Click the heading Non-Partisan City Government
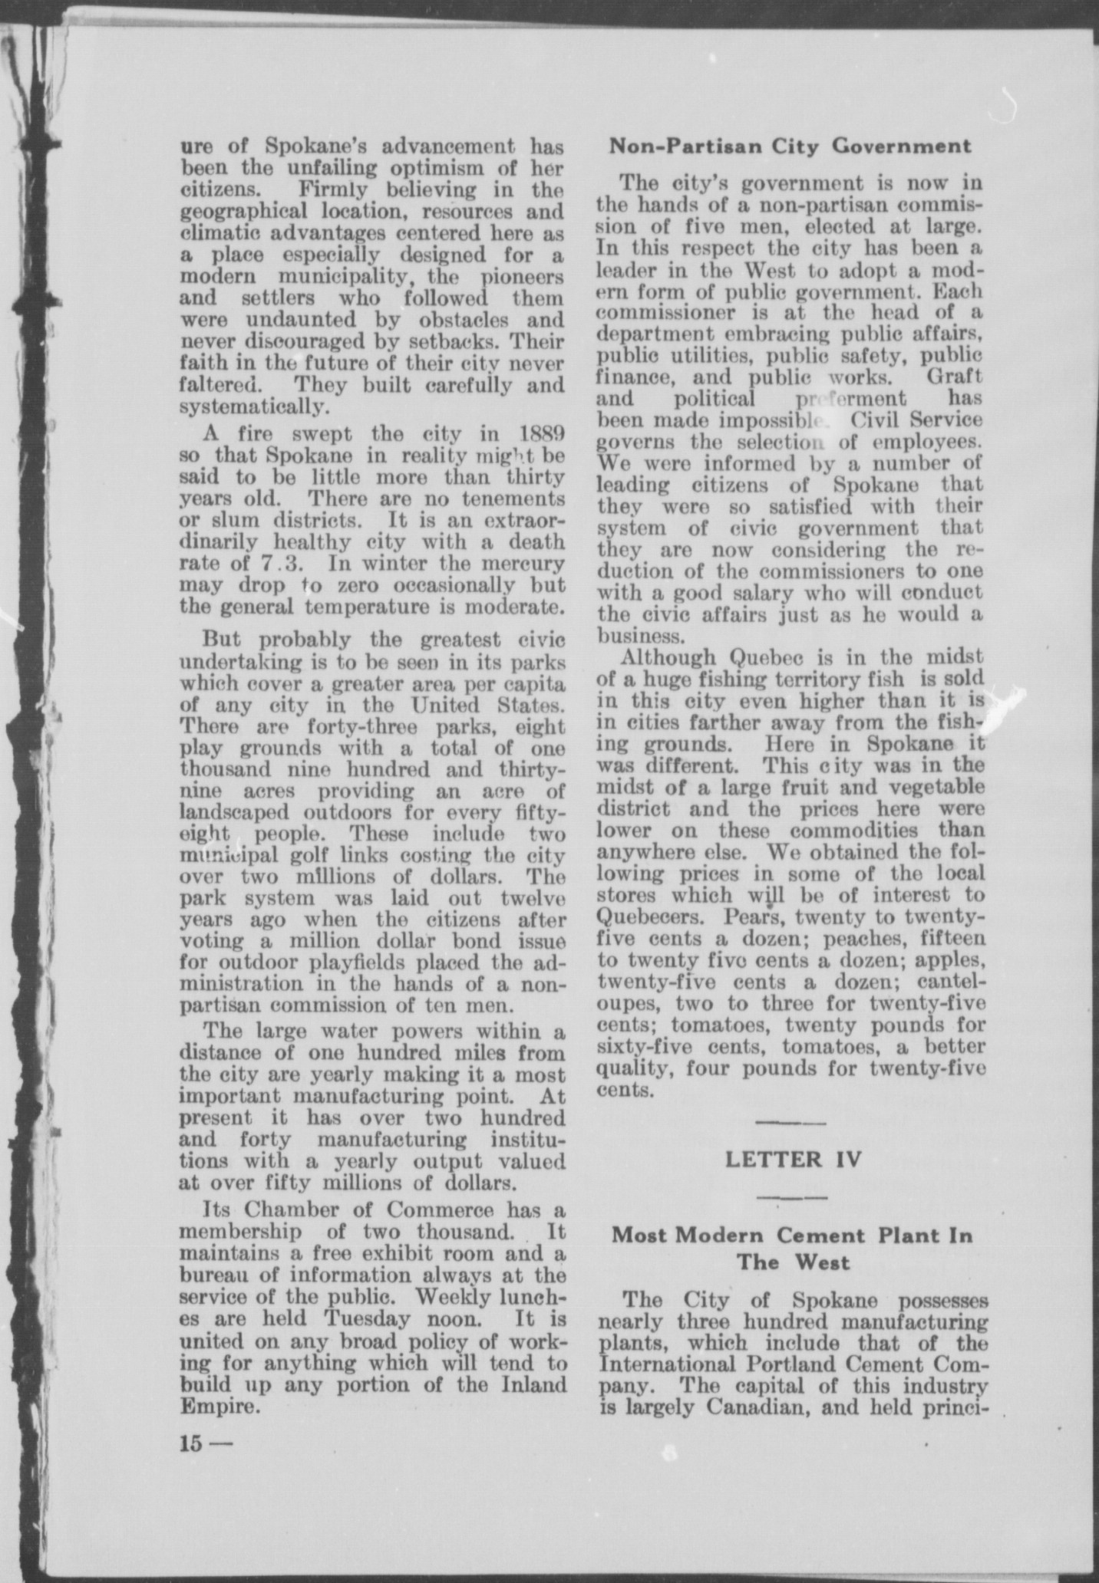pos(790,146)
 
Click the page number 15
pos(190,1443)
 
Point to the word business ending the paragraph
pos(639,636)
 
